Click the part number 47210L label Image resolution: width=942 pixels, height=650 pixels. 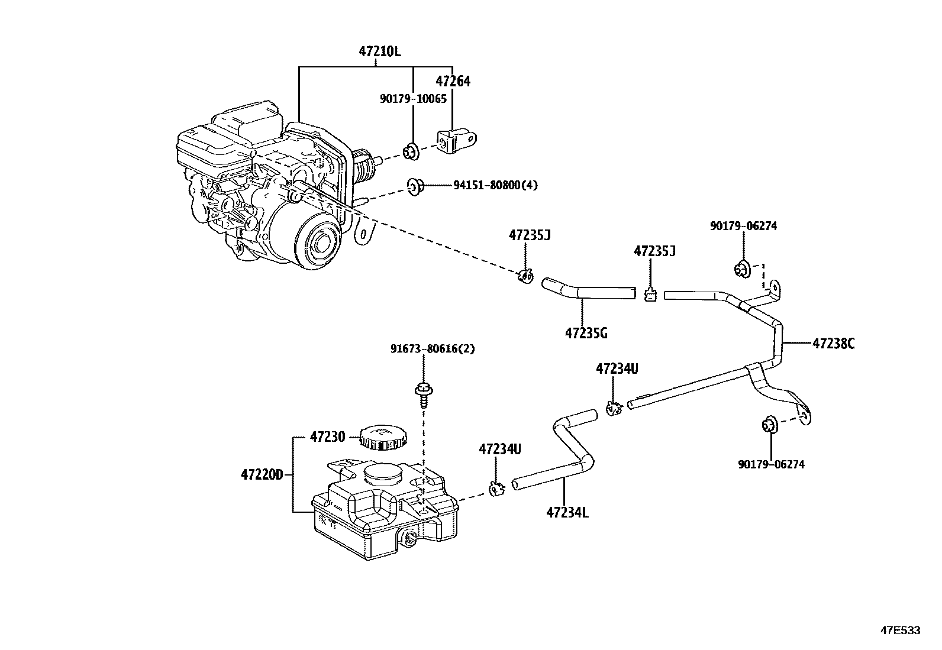point(379,51)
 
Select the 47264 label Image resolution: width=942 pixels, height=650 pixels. point(453,82)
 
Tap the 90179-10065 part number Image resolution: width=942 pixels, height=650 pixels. point(413,99)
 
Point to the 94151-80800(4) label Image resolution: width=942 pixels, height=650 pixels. point(495,186)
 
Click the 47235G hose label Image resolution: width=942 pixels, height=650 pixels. point(586,333)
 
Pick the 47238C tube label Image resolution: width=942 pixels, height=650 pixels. point(833,344)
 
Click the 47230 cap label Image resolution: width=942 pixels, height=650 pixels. point(327,438)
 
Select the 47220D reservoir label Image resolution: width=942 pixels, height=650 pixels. point(262,474)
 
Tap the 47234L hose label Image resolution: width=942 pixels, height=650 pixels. point(567,512)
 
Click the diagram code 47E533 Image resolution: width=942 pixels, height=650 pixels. point(901,630)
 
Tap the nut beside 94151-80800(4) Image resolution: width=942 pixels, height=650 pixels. point(415,187)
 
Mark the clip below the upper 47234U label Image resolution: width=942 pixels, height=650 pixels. point(613,408)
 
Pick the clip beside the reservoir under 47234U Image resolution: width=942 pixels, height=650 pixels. point(496,489)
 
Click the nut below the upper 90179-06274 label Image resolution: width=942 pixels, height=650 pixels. point(741,269)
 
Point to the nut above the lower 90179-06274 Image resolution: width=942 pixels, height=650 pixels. point(768,425)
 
